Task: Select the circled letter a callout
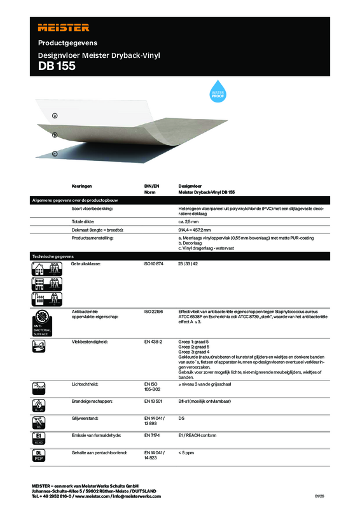pyautogui.click(x=55, y=116)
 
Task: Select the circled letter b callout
pyautogui.click(x=55, y=135)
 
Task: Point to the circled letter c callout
pyautogui.click(x=55, y=154)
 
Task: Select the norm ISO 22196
pyautogui.click(x=154, y=312)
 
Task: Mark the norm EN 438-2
pyautogui.click(x=154, y=342)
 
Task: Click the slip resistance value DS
pyautogui.click(x=182, y=419)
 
